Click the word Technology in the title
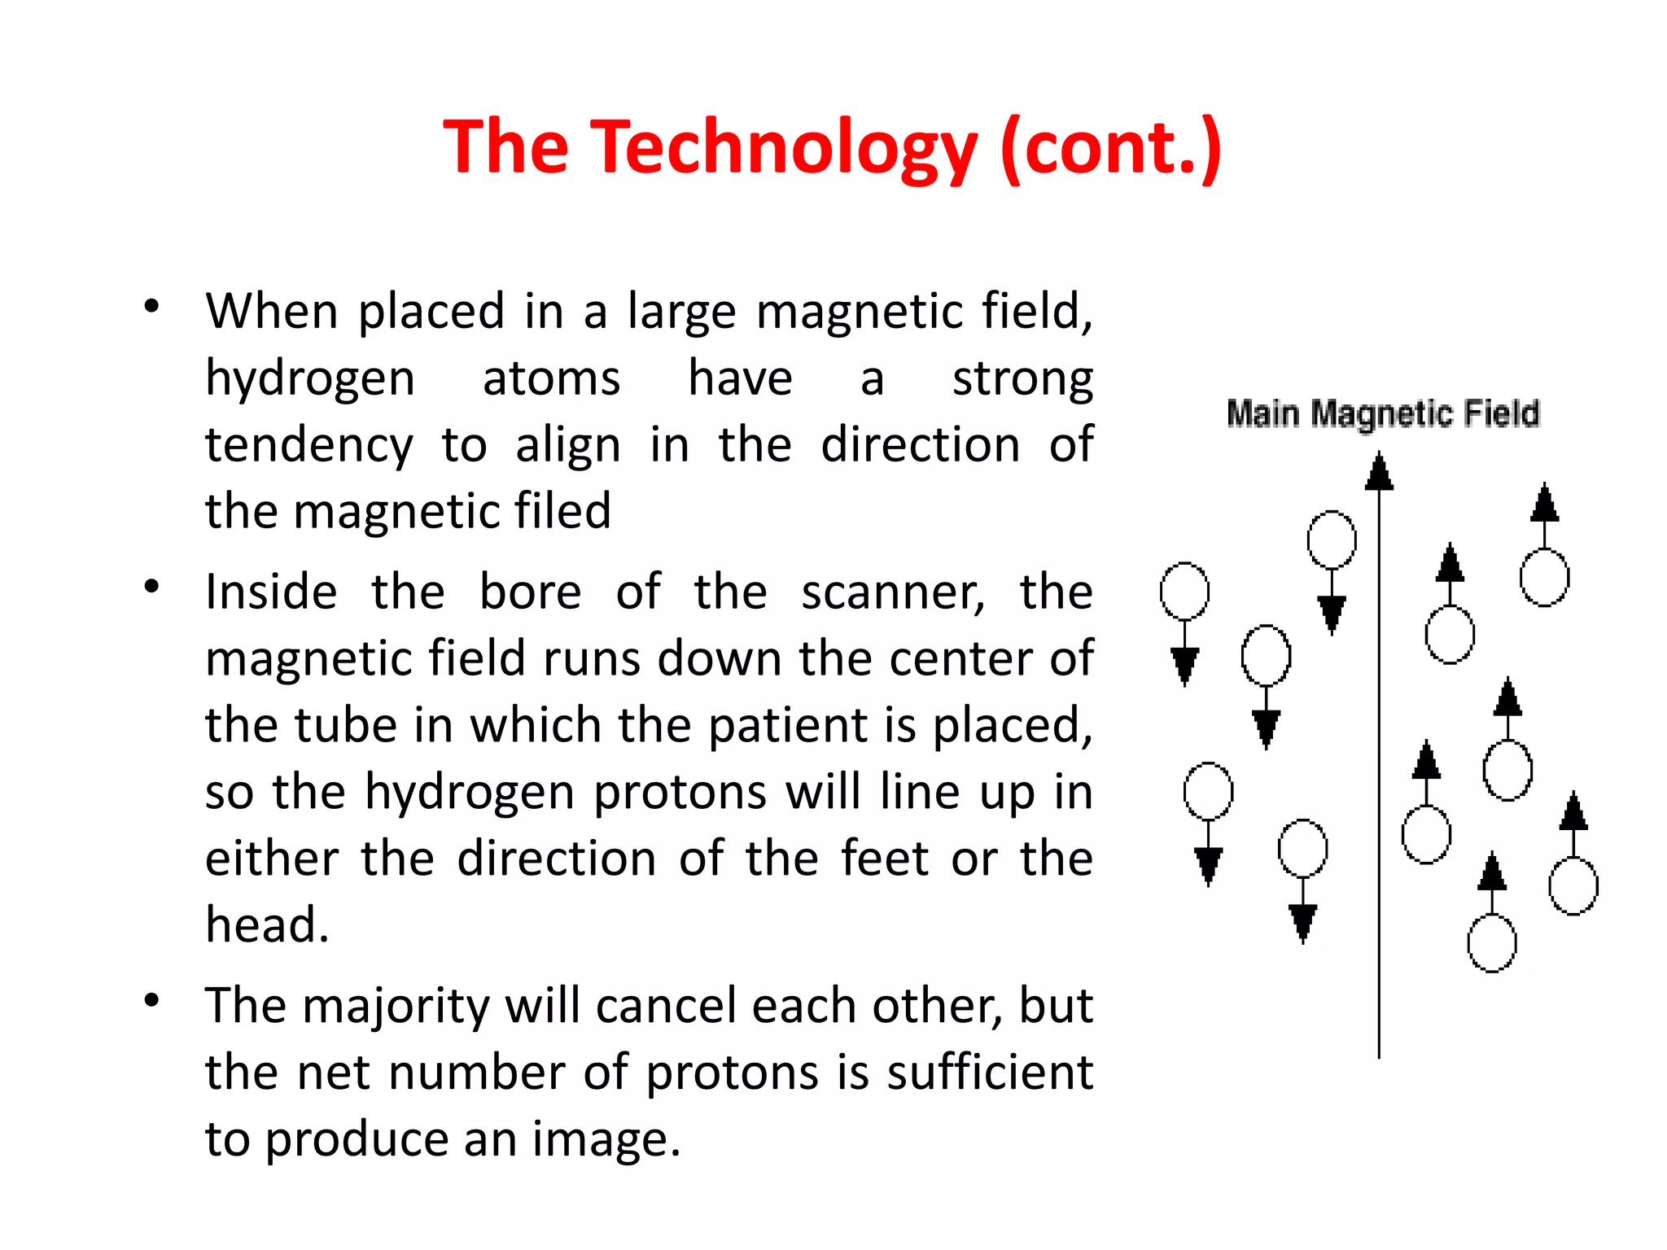[783, 147]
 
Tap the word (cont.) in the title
[1111, 147]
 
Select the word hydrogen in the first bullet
[309, 379]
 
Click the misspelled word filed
[562, 512]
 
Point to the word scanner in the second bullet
[892, 592]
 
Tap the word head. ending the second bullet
[267, 925]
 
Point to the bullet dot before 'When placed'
[151, 307]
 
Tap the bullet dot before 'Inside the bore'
[151, 587]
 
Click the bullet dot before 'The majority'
[151, 1001]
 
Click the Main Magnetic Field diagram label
[1383, 413]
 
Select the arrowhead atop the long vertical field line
[1379, 473]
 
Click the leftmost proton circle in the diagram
[1184, 591]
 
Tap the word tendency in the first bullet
[309, 446]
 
